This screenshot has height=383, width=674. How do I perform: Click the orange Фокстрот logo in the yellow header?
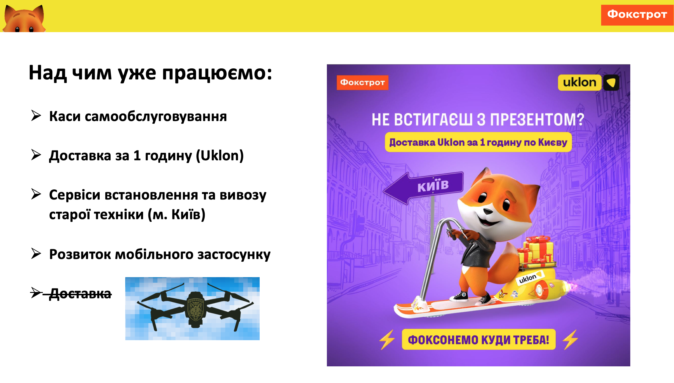637,15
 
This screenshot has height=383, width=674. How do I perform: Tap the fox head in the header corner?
24,18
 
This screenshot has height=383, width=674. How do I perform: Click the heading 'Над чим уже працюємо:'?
150,73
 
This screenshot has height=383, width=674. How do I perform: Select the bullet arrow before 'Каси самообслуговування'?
36,116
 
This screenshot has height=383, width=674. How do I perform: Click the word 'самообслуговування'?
156,117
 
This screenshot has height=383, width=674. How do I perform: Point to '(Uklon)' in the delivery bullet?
220,156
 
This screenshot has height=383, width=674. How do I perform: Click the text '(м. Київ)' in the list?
177,214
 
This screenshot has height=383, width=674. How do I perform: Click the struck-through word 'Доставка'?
80,294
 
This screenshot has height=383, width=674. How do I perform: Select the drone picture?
192,309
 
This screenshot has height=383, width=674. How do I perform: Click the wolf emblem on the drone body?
195,309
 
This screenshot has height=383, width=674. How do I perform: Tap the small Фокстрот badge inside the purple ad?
362,82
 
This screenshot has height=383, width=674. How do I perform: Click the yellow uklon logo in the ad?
589,82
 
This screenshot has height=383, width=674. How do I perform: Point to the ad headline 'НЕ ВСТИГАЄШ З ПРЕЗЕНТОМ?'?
478,120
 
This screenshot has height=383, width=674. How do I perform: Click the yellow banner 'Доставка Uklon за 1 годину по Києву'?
478,142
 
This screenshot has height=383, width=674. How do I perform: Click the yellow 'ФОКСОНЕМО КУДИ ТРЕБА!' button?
479,339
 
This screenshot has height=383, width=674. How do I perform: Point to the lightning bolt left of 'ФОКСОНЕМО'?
387,339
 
